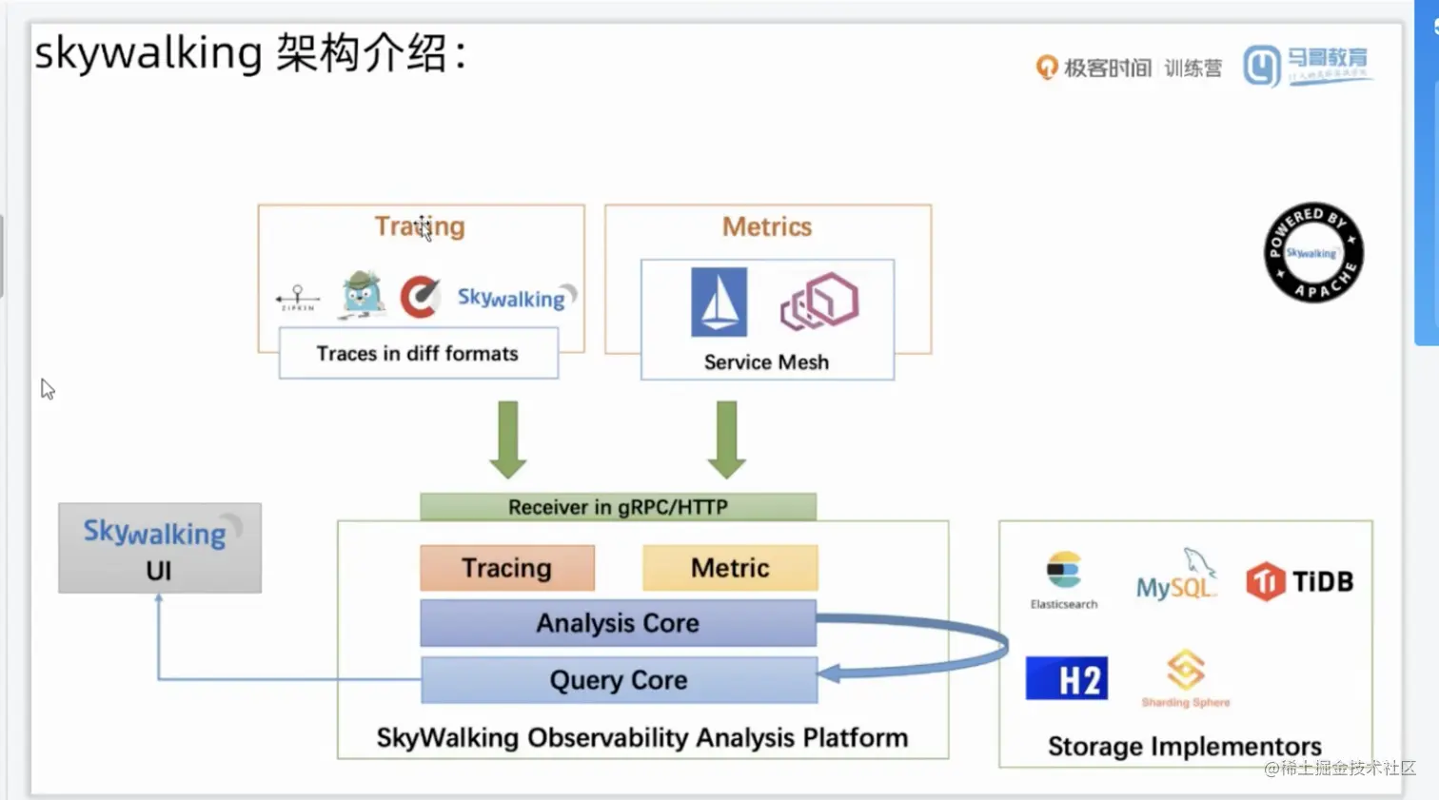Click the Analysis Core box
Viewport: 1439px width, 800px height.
[618, 623]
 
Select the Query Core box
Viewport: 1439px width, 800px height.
[619, 680]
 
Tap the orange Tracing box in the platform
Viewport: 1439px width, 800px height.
[507, 568]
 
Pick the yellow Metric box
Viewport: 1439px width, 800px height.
[730, 568]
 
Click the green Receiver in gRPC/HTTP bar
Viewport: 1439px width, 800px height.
[618, 507]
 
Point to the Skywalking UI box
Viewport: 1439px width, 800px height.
[159, 549]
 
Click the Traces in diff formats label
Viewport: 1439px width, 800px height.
[418, 354]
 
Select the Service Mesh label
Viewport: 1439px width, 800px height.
[766, 362]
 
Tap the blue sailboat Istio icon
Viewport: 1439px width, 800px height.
[719, 302]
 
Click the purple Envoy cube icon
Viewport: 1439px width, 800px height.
[819, 302]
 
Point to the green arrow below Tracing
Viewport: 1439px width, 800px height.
[508, 439]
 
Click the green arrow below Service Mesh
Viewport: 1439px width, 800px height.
[727, 439]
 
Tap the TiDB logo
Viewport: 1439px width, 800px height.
[1299, 581]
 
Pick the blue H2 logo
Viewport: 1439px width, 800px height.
[1067, 678]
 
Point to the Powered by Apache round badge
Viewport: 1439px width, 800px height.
[1313, 252]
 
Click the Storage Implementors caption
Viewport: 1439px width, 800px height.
[1185, 747]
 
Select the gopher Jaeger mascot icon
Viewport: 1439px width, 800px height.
[362, 294]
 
